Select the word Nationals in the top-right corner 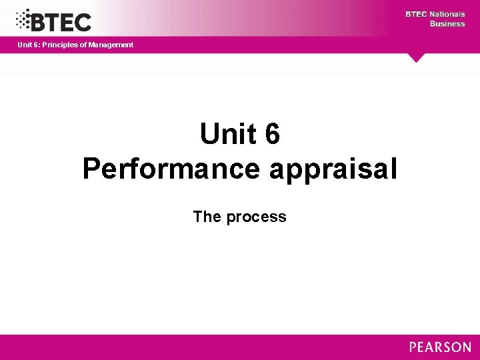click(x=448, y=14)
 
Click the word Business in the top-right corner click(x=447, y=23)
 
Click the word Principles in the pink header click(x=59, y=45)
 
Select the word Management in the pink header click(x=111, y=45)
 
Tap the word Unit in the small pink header click(x=25, y=45)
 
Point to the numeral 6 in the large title click(x=272, y=135)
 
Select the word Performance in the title click(x=171, y=169)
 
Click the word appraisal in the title click(x=333, y=169)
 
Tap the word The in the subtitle click(x=207, y=217)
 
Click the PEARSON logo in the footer click(x=440, y=347)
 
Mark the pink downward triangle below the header click(x=417, y=58)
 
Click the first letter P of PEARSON click(x=413, y=347)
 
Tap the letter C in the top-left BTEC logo click(x=83, y=22)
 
